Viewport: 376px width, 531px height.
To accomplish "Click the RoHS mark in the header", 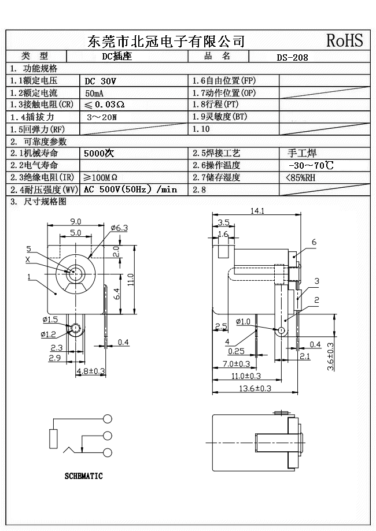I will point(344,40).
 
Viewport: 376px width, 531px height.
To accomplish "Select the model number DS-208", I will point(292,57).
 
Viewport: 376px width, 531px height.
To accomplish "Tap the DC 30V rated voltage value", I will point(101,81).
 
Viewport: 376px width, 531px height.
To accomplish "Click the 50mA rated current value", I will point(95,93).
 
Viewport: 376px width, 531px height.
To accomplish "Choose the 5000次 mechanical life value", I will point(99,154).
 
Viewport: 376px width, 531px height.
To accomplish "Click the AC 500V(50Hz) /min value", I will point(130,190).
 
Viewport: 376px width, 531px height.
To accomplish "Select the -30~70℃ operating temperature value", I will point(311,166).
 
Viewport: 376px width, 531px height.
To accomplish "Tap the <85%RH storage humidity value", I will point(301,177).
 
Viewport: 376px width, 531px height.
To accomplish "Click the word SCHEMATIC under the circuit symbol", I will point(83,476).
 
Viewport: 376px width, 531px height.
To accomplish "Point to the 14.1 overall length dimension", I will point(257,211).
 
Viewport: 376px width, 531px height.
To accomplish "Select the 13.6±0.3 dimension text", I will point(256,388).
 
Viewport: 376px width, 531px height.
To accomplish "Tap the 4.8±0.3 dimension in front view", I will point(91,371).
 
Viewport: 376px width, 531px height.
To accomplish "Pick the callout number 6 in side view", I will point(314,243).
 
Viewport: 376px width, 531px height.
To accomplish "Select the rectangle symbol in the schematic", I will point(54,439).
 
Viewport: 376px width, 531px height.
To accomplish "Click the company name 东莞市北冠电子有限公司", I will point(165,41).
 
